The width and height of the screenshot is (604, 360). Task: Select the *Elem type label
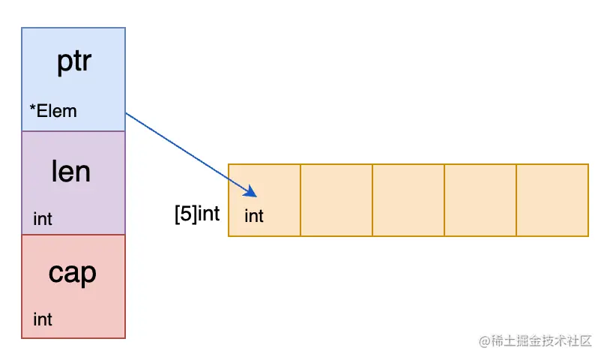(x=53, y=112)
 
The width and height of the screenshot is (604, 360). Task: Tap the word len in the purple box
(x=71, y=172)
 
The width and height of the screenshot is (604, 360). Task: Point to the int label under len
(x=43, y=219)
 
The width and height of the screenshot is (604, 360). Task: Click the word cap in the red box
(x=73, y=273)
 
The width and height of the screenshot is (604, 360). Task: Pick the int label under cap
(x=43, y=319)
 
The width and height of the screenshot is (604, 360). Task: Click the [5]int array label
(x=196, y=214)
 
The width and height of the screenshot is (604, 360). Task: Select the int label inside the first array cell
(x=254, y=216)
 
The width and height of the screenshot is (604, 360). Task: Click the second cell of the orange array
(x=336, y=200)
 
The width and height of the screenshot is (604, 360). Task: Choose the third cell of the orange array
(x=408, y=200)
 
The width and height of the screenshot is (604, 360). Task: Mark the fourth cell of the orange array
(x=480, y=200)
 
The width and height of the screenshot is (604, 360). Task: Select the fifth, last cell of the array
(x=552, y=200)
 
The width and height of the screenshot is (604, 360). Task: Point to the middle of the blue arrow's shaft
(x=187, y=152)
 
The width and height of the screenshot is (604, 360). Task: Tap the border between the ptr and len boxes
(x=73, y=131)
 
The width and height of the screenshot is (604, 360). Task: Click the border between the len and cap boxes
(x=73, y=235)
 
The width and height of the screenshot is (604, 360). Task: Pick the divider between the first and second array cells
(x=301, y=200)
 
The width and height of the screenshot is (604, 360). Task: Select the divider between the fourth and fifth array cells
(x=516, y=200)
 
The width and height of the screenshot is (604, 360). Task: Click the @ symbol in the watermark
(x=484, y=340)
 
